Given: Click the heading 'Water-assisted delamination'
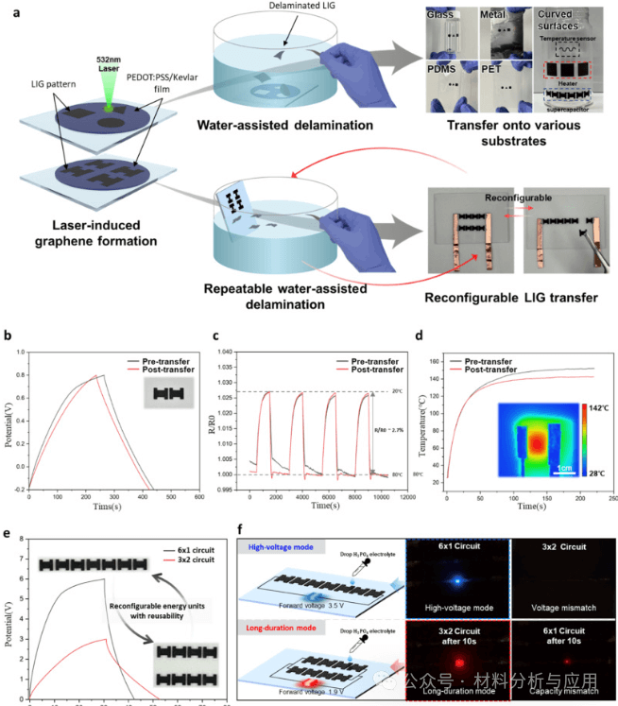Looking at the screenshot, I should pyautogui.click(x=267, y=124).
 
